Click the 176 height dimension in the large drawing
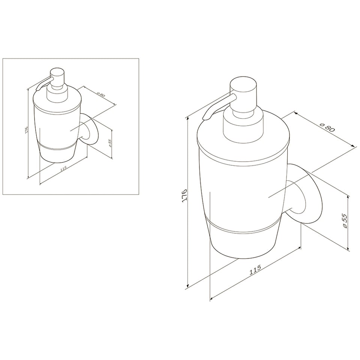coord(185,196)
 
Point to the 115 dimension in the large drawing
coord(255,270)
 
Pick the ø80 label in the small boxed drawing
coord(101,94)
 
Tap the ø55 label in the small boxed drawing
coord(110,143)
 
